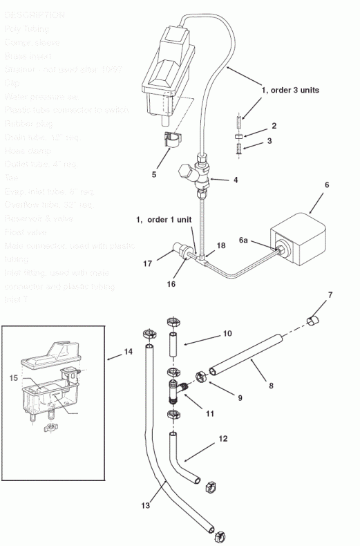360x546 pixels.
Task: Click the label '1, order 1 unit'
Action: (x=164, y=219)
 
